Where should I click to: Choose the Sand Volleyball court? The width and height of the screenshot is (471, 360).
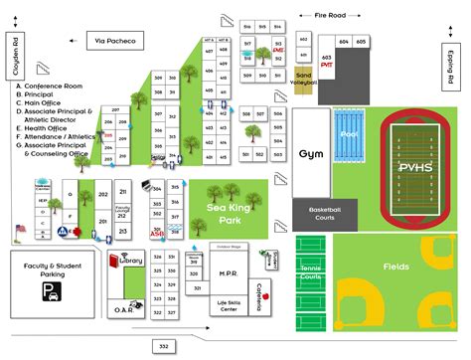304,79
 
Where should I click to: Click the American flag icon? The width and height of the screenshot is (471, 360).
19,232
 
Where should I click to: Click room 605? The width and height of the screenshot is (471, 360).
361,42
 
